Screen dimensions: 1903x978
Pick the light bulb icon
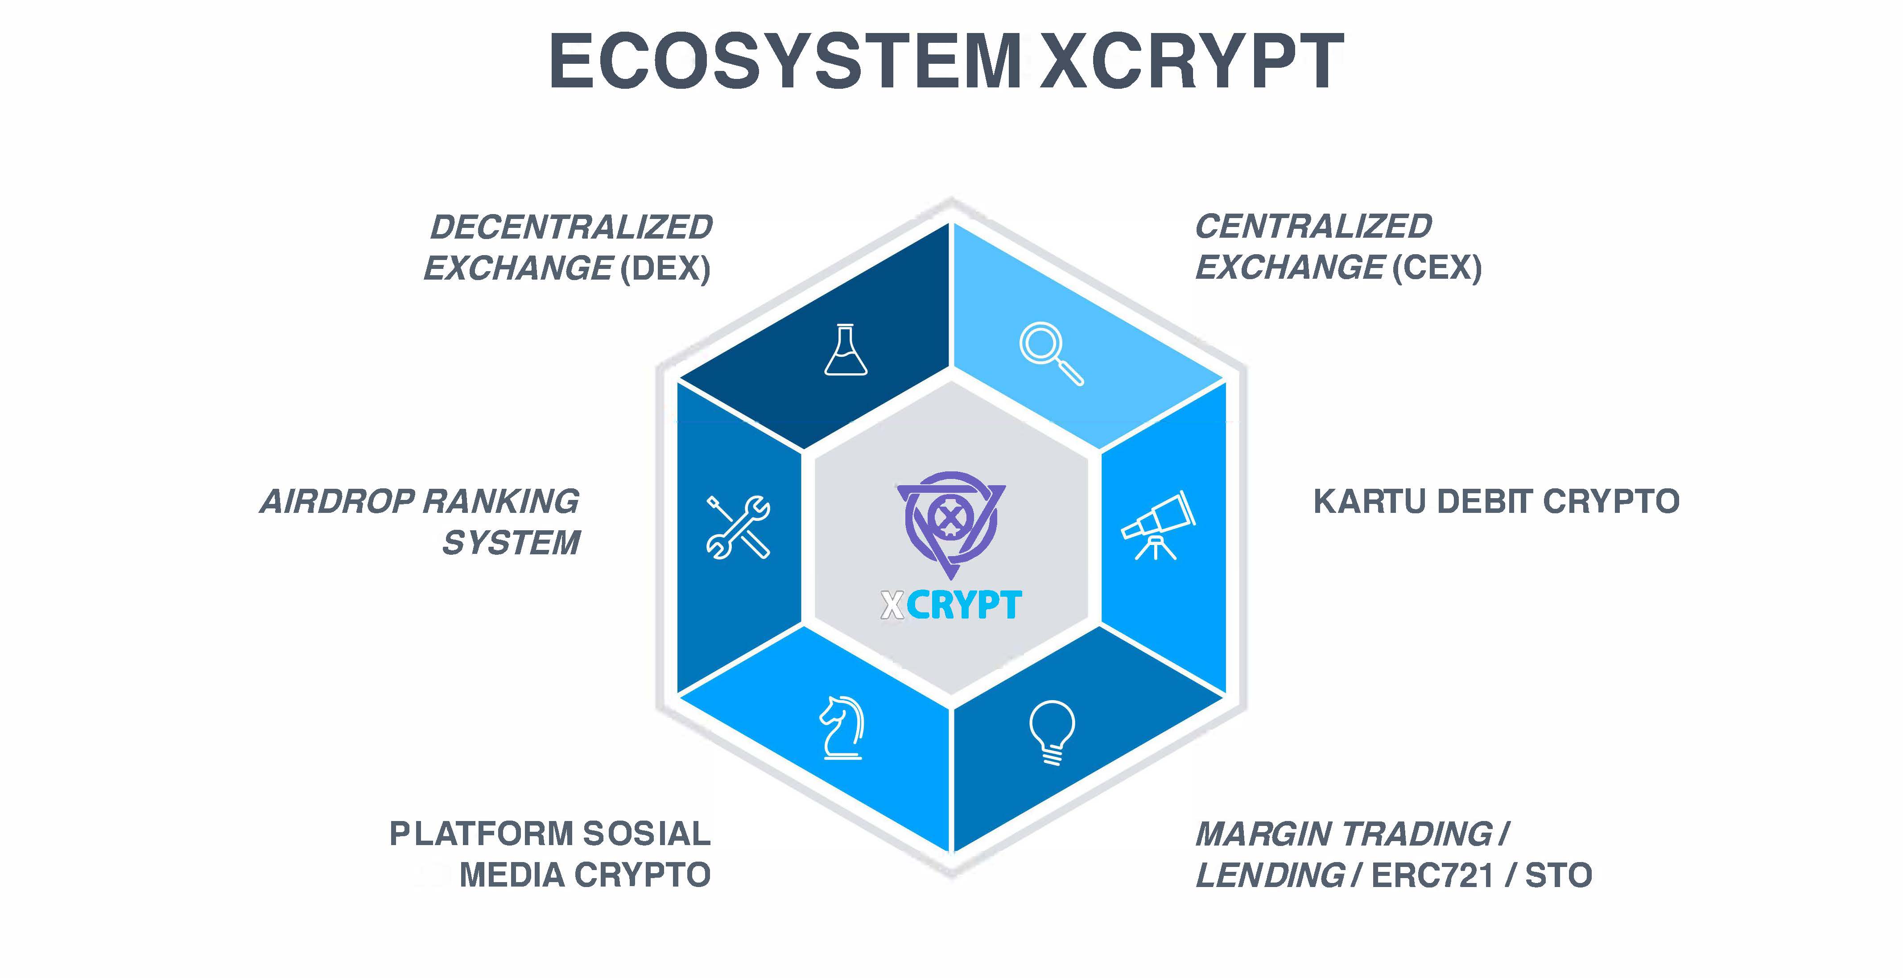[x=1052, y=732]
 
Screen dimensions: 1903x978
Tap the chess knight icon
[x=842, y=727]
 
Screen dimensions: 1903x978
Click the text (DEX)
[x=665, y=268]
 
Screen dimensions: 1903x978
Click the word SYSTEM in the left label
[x=511, y=543]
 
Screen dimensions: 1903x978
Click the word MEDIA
[x=512, y=875]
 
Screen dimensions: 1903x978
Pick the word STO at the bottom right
[x=1559, y=875]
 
